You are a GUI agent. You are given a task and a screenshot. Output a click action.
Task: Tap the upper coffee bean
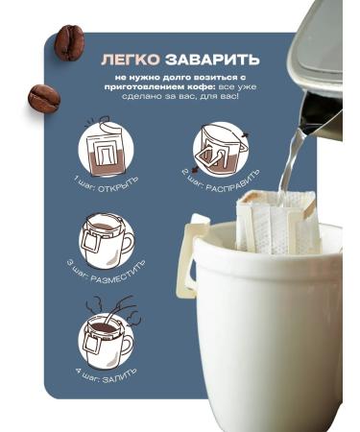(69, 42)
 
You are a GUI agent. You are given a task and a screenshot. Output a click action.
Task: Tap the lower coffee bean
(43, 98)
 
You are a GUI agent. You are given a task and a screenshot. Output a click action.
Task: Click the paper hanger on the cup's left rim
(200, 236)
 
